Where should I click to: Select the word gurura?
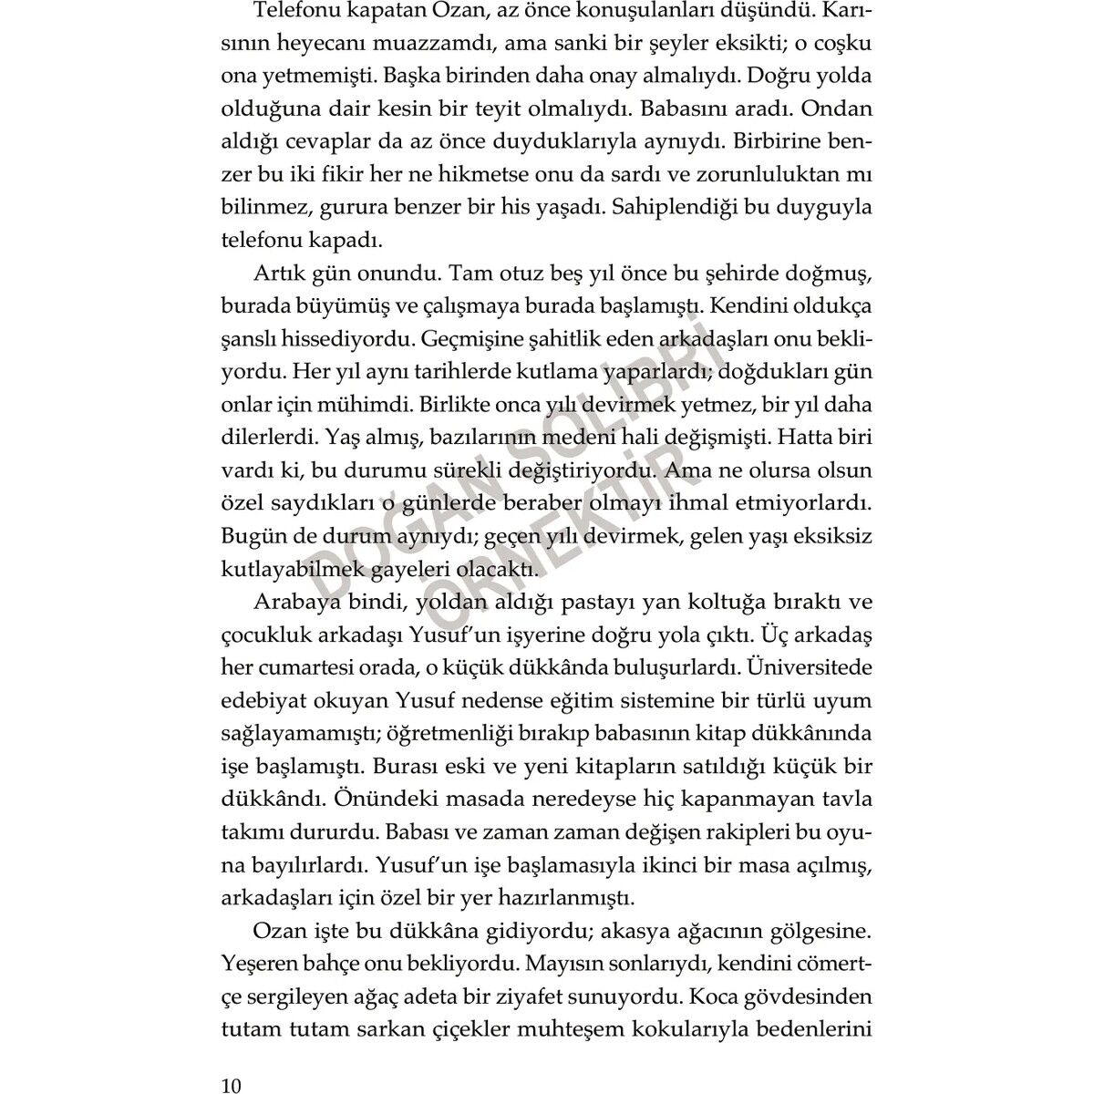pos(351,208)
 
